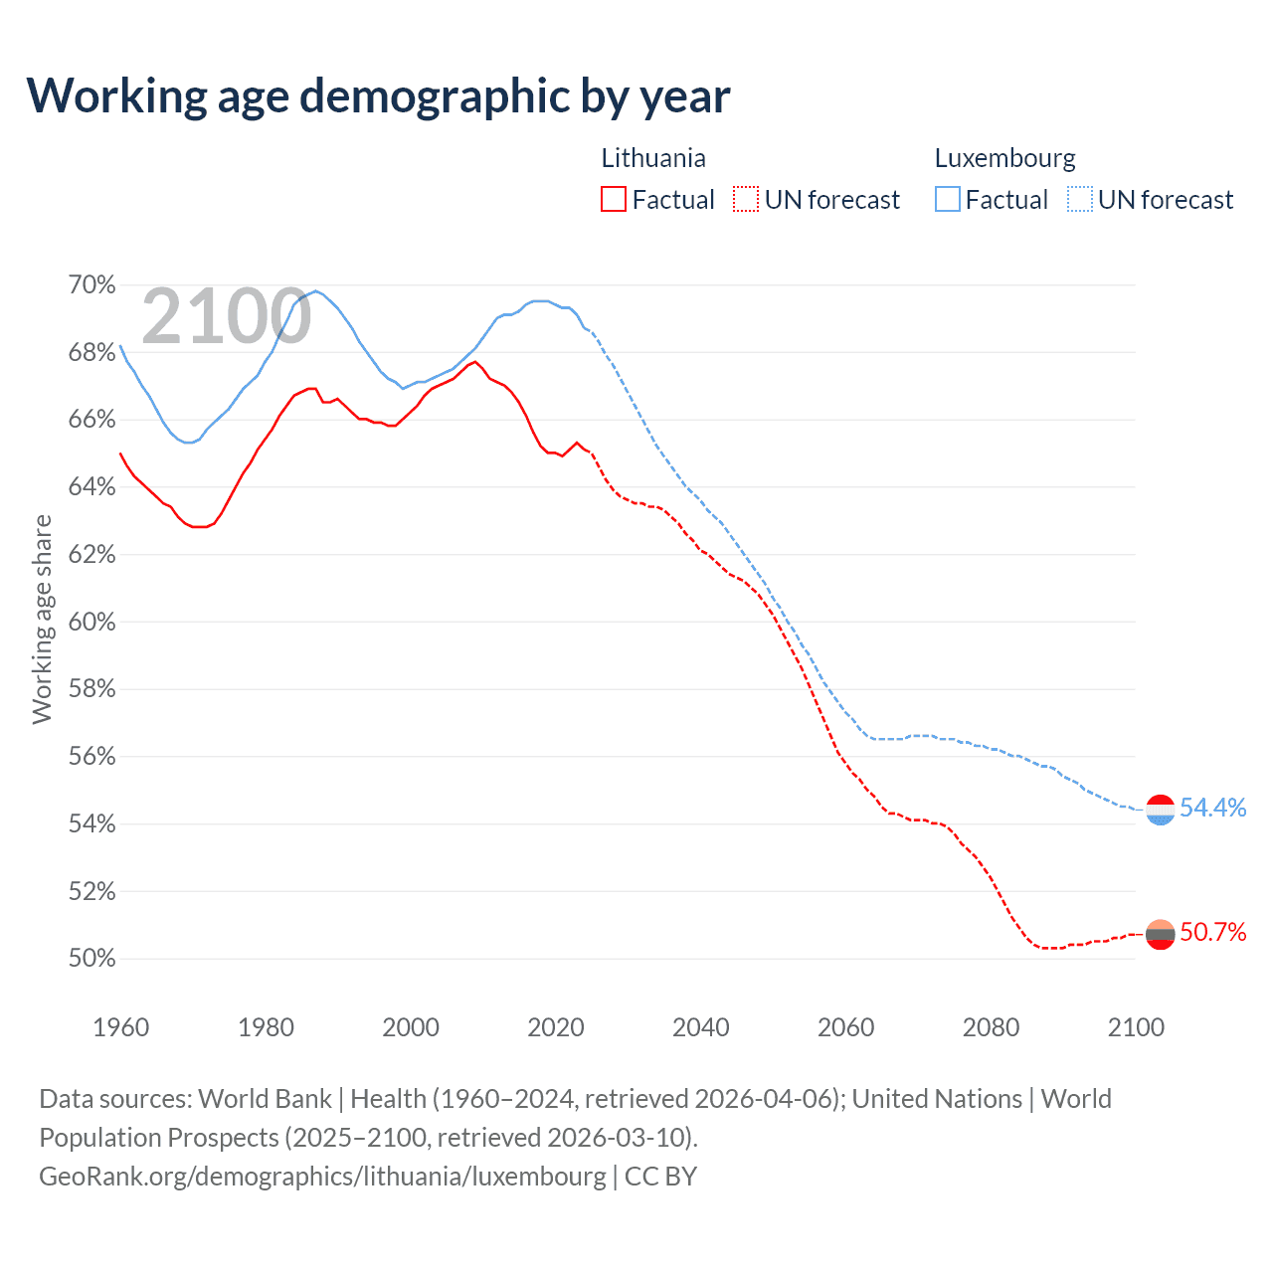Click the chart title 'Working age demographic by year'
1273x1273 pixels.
pyautogui.click(x=378, y=96)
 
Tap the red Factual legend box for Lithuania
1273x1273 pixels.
pyautogui.click(x=614, y=200)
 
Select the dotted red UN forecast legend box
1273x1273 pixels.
pyautogui.click(x=746, y=200)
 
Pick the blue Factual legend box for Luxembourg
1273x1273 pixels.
pyautogui.click(x=948, y=200)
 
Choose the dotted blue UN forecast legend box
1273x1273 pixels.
pyautogui.click(x=1080, y=200)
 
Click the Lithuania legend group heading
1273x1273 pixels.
pyautogui.click(x=653, y=158)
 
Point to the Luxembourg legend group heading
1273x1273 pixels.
pyautogui.click(x=1004, y=158)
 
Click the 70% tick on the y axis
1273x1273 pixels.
pyautogui.click(x=91, y=285)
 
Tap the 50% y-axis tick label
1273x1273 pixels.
pyautogui.click(x=91, y=959)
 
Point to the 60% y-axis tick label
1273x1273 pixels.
pyautogui.click(x=91, y=623)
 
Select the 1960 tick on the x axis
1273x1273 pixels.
pyautogui.click(x=120, y=1027)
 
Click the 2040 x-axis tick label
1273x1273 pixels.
pyautogui.click(x=701, y=1027)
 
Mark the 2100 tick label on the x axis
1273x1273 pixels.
pyautogui.click(x=1136, y=1027)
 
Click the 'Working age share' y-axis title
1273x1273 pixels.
pyautogui.click(x=42, y=619)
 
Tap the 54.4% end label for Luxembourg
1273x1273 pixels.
pyautogui.click(x=1212, y=808)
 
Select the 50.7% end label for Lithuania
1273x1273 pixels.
pyautogui.click(x=1212, y=932)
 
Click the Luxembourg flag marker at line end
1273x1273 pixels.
pyautogui.click(x=1161, y=811)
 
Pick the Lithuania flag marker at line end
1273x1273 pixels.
pyautogui.click(x=1161, y=934)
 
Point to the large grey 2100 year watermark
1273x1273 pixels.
pyautogui.click(x=227, y=316)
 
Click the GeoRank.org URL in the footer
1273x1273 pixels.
pyautogui.click(x=322, y=1176)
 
